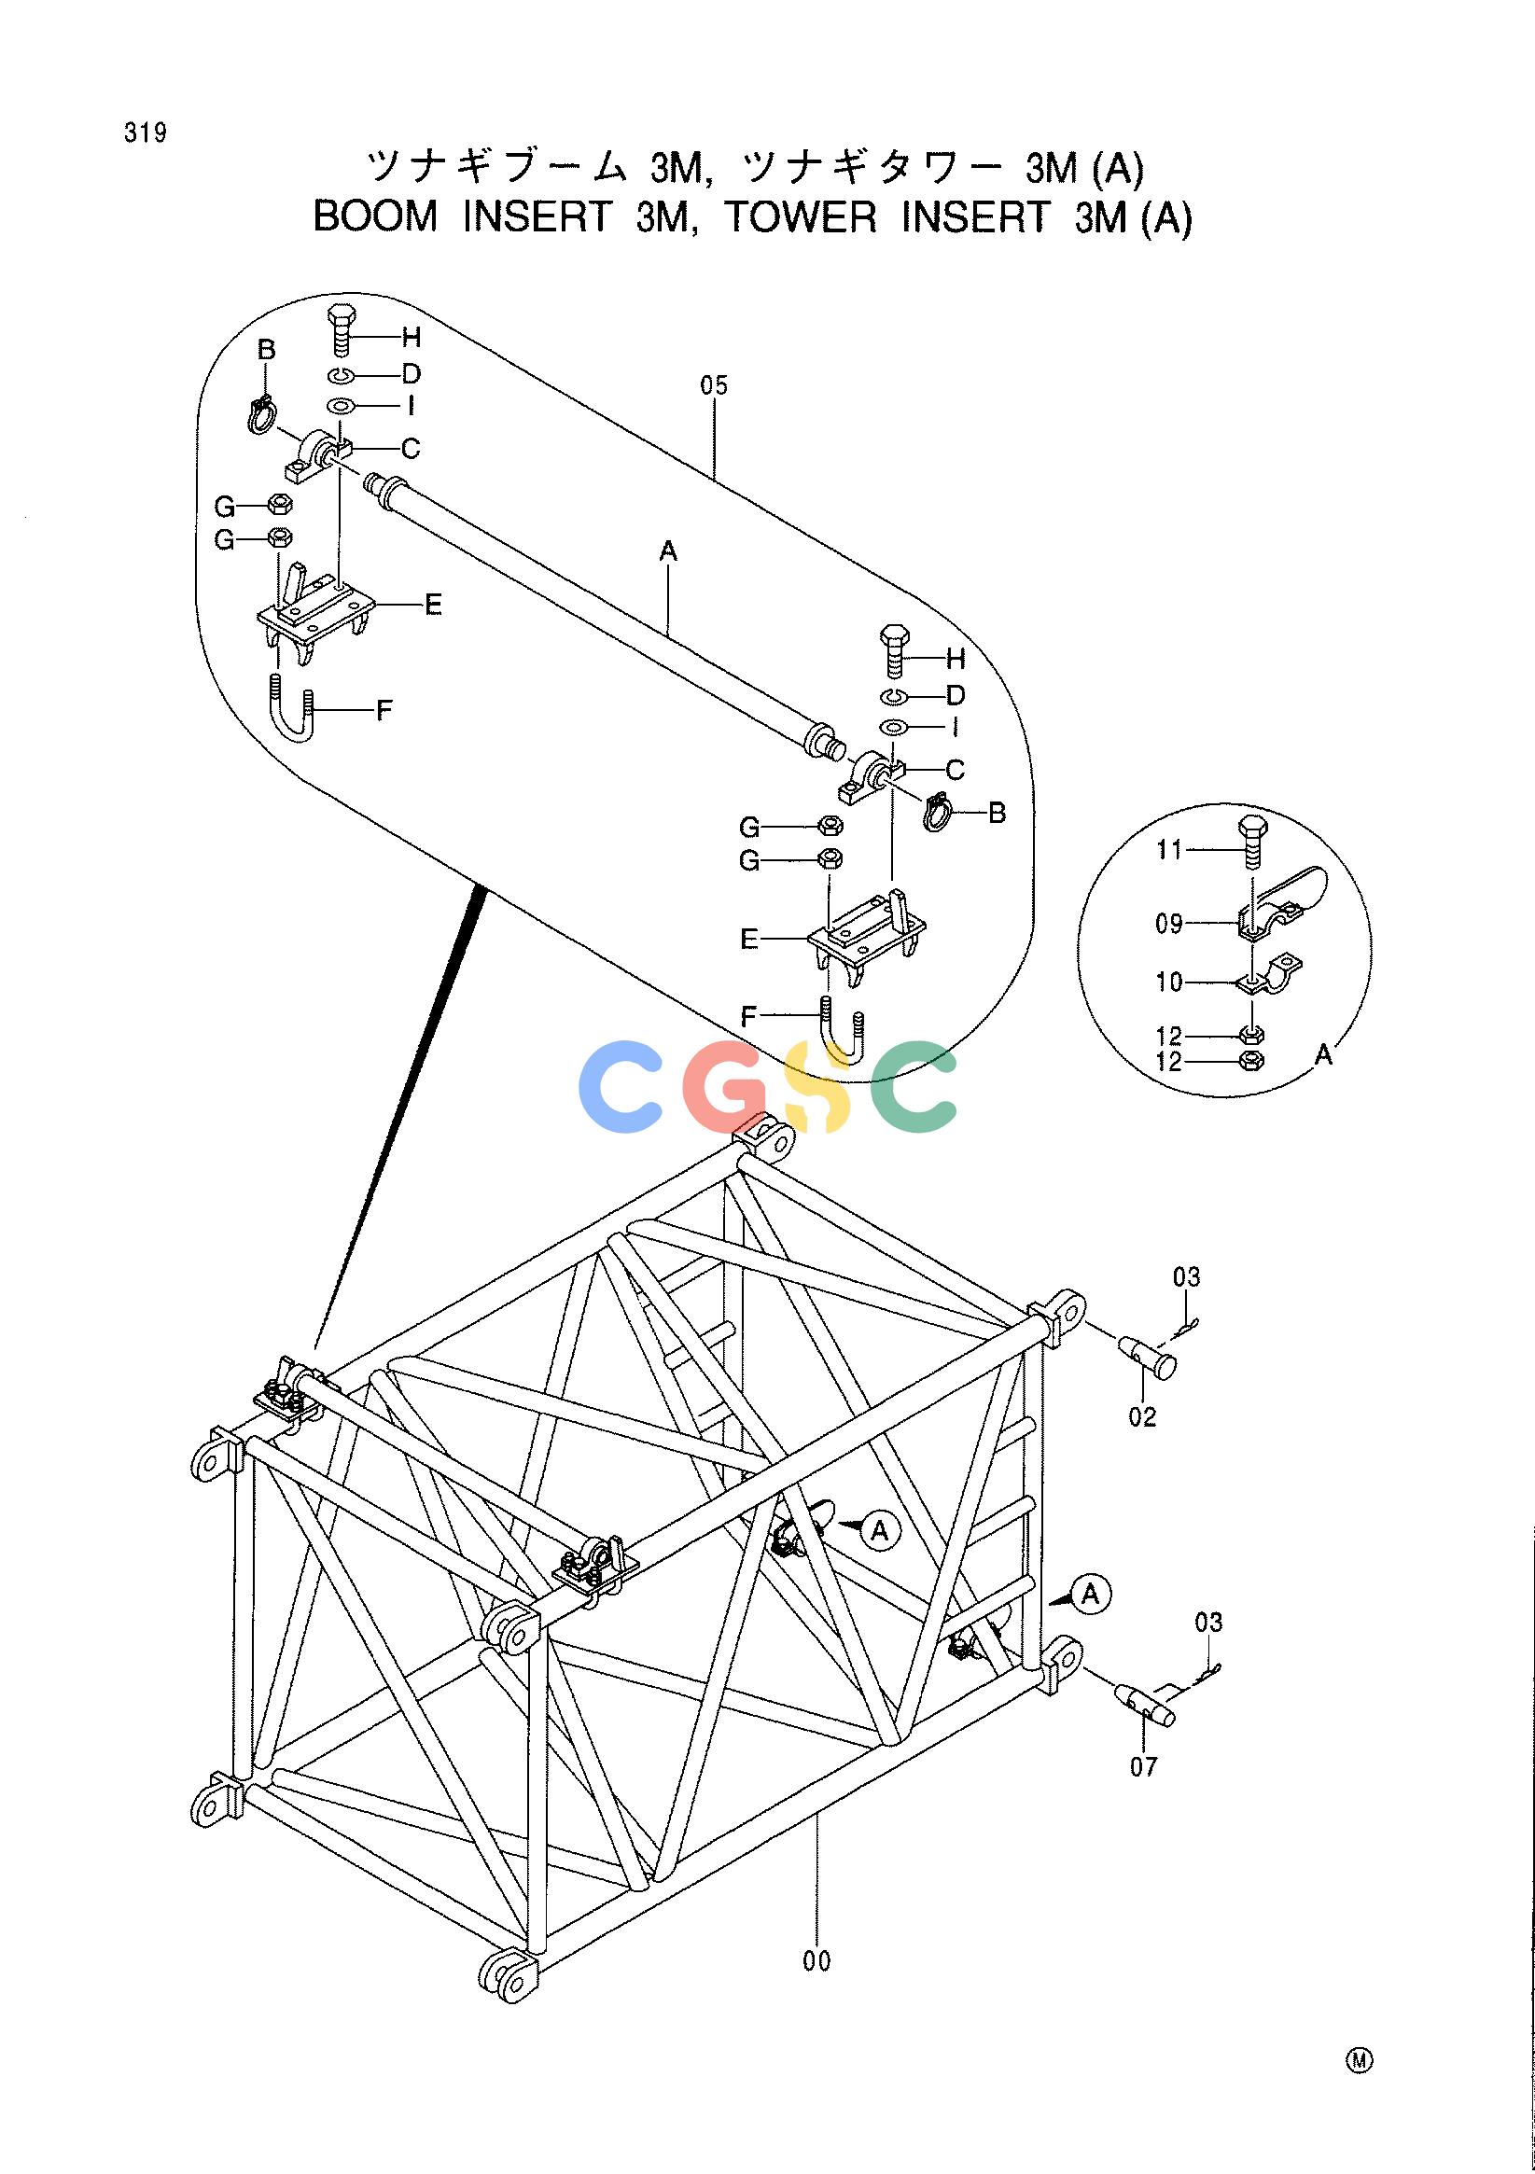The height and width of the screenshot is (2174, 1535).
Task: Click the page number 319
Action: (x=145, y=134)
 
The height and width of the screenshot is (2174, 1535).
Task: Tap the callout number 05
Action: (x=715, y=385)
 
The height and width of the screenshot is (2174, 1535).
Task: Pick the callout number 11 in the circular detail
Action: (x=1169, y=850)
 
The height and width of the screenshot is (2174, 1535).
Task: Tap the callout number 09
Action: (x=1169, y=923)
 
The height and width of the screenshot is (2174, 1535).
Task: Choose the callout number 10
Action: (x=1169, y=982)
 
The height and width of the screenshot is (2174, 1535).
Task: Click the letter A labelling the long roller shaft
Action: (x=669, y=550)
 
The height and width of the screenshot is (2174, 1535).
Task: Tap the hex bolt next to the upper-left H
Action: (x=341, y=328)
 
